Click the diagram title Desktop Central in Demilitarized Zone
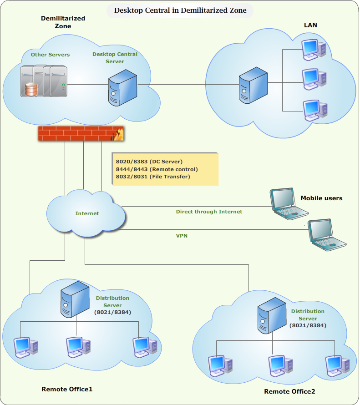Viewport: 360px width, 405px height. point(180,10)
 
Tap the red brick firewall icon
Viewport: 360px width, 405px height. point(81,133)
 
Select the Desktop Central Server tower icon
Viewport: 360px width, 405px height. point(122,90)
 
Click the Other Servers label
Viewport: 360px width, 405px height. point(50,55)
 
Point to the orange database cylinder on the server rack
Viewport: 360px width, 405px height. point(31,89)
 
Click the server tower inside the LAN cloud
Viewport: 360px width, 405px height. point(254,86)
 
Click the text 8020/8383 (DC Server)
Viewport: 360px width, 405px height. point(149,162)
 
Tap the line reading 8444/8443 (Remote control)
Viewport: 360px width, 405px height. point(157,169)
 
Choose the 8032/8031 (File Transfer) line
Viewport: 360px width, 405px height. point(153,177)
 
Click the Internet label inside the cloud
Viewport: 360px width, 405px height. point(87,213)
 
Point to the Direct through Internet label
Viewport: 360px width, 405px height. point(209,212)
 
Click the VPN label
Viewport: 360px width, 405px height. point(182,236)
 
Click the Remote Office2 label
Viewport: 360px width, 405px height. point(289,391)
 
